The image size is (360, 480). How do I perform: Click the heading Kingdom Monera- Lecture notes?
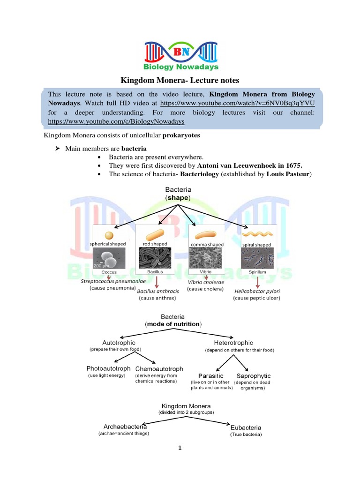[180, 80]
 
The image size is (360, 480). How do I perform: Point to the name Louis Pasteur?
[288, 174]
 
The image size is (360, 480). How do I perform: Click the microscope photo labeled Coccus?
[109, 259]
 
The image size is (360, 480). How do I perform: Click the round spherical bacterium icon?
[109, 235]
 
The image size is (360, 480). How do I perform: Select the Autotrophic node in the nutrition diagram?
[119, 343]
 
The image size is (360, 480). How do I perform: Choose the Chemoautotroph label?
[159, 368]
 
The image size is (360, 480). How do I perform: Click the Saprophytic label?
[254, 376]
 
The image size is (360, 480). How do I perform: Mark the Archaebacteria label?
[125, 427]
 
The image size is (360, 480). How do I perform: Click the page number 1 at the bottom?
[180, 448]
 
